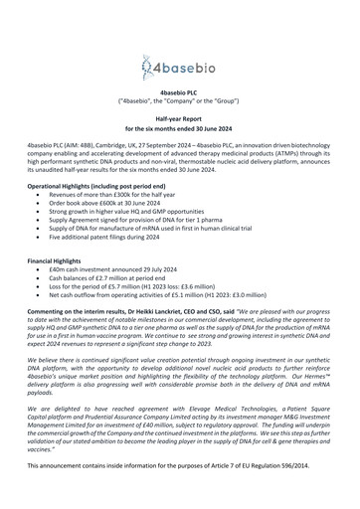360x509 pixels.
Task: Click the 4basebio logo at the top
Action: pos(179,68)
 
